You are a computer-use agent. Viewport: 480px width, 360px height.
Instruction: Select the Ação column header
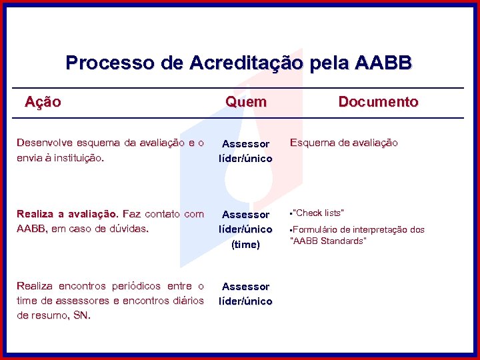coord(43,102)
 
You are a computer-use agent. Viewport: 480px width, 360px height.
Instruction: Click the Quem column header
coord(245,102)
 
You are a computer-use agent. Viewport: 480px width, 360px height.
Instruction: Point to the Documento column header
coord(378,102)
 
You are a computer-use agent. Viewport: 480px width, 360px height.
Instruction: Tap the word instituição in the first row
coord(79,158)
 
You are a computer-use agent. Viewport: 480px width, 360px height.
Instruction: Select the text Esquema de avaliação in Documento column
coord(344,143)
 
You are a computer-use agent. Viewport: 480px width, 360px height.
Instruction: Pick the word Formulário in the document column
coord(317,230)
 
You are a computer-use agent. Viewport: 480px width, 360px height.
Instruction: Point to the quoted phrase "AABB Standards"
coord(329,241)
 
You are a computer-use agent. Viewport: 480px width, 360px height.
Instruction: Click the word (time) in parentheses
coord(245,245)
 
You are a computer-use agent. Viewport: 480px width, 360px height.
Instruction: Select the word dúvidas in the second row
coord(131,229)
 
